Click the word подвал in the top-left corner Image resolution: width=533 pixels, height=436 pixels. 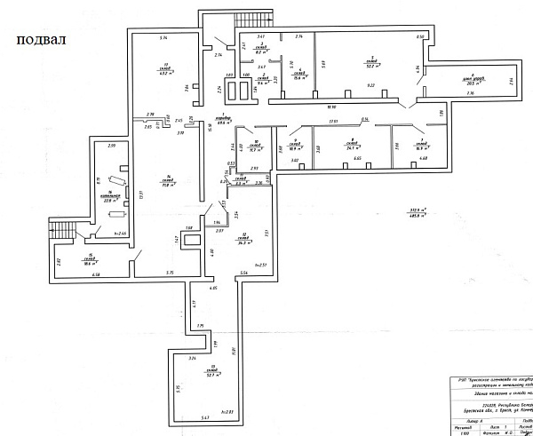pos(40,41)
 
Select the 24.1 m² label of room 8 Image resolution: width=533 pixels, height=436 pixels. pos(352,147)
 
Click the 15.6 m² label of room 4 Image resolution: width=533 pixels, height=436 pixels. pos(300,77)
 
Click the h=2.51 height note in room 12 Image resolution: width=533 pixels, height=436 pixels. pos(261,265)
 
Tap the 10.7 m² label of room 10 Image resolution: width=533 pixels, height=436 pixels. pos(257,150)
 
